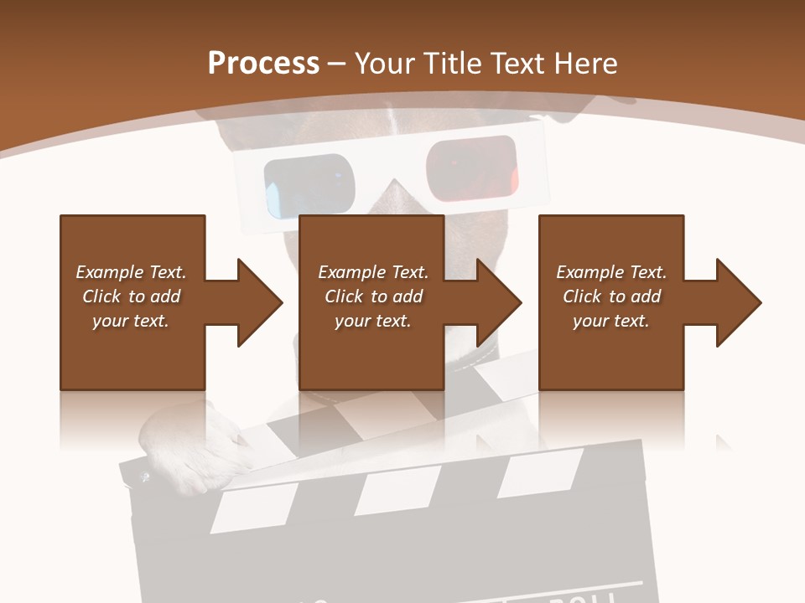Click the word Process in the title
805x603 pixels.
(x=263, y=64)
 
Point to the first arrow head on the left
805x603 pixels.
(x=260, y=302)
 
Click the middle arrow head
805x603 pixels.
(x=499, y=302)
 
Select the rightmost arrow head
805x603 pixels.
(x=739, y=302)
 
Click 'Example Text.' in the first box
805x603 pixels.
(x=131, y=272)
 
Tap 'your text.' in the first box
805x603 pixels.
(x=131, y=321)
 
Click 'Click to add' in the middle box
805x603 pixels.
(x=373, y=296)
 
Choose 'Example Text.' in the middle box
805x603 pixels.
(x=373, y=272)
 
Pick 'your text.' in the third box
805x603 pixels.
(x=611, y=321)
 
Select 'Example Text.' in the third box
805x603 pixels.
(x=611, y=272)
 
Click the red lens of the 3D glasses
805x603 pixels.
(x=470, y=163)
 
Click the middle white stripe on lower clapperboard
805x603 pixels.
(x=397, y=490)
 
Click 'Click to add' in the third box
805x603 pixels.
(x=611, y=296)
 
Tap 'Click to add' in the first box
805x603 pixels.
(x=131, y=296)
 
